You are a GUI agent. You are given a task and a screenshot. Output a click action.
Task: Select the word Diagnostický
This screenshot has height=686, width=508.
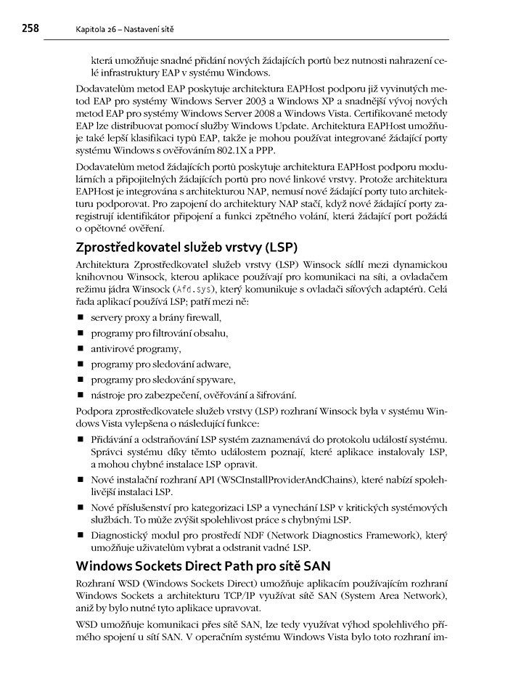pyautogui.click(x=120, y=536)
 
